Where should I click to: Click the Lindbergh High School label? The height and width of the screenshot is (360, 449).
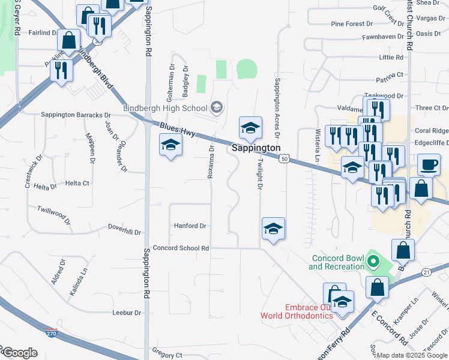[x=164, y=108]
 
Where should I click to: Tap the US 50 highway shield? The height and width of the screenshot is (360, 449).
[x=283, y=158]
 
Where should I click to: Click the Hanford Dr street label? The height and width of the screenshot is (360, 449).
[x=190, y=226]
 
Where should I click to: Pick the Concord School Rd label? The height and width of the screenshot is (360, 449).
[x=181, y=248]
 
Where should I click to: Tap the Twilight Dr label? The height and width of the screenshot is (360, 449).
[x=261, y=173]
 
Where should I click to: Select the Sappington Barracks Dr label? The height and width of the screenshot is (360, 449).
[x=76, y=115]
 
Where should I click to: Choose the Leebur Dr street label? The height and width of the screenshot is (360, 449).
[x=127, y=313]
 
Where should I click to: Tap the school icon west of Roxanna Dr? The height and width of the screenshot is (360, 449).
[x=170, y=145]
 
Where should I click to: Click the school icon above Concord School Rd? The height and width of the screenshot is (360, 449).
[x=273, y=228]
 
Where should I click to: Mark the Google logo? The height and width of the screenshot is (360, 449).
[x=19, y=353]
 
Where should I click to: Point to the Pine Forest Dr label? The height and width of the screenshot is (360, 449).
[x=352, y=24]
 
